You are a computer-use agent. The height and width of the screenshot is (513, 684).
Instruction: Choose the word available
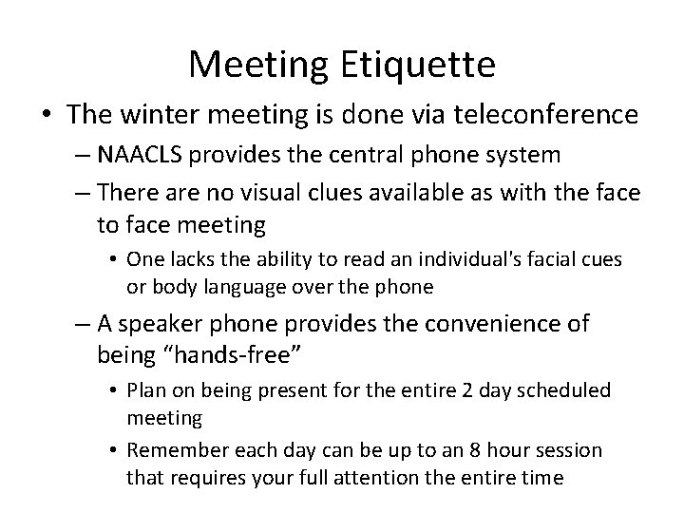click(408, 194)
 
